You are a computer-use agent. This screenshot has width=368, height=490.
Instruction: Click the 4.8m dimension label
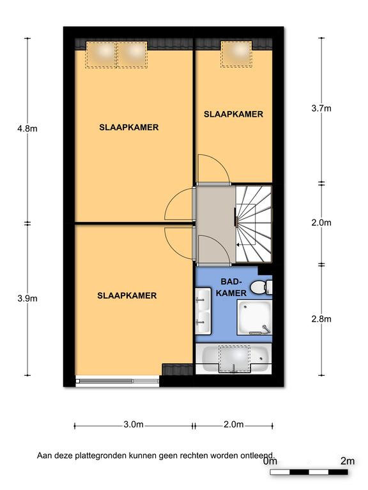[x=27, y=128]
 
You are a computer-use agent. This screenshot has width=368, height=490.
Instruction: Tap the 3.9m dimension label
[x=27, y=299]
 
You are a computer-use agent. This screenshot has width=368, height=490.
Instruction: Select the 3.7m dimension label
[x=321, y=108]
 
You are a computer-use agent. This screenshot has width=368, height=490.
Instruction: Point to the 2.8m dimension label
[x=321, y=319]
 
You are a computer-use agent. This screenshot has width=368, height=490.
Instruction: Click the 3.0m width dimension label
[x=134, y=424]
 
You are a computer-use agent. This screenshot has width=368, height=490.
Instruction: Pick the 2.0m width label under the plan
[x=233, y=424]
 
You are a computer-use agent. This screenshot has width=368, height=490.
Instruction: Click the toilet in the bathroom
[x=261, y=287]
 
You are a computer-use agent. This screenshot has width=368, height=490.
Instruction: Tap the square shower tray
[x=254, y=318]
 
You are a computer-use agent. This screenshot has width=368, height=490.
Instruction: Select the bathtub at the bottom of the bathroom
[x=234, y=359]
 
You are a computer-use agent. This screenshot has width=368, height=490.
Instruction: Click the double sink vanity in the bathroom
[x=203, y=311]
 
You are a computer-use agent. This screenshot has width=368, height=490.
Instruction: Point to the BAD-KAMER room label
[x=231, y=287]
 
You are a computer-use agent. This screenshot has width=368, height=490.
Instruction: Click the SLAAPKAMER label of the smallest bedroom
[x=233, y=114]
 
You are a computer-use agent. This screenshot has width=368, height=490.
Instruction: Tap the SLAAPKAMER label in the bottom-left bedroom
[x=126, y=295]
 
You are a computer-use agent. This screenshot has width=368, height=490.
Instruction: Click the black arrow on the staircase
[x=241, y=245]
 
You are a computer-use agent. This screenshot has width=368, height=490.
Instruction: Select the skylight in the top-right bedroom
[x=236, y=54]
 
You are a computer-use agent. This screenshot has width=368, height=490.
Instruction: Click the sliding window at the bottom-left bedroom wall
[x=118, y=382]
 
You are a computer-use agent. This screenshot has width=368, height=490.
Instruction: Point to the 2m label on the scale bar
[x=348, y=461]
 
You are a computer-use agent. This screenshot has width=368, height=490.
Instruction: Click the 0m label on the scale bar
[x=270, y=461]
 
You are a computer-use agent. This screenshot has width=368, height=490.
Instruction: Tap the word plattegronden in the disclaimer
[x=100, y=456]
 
